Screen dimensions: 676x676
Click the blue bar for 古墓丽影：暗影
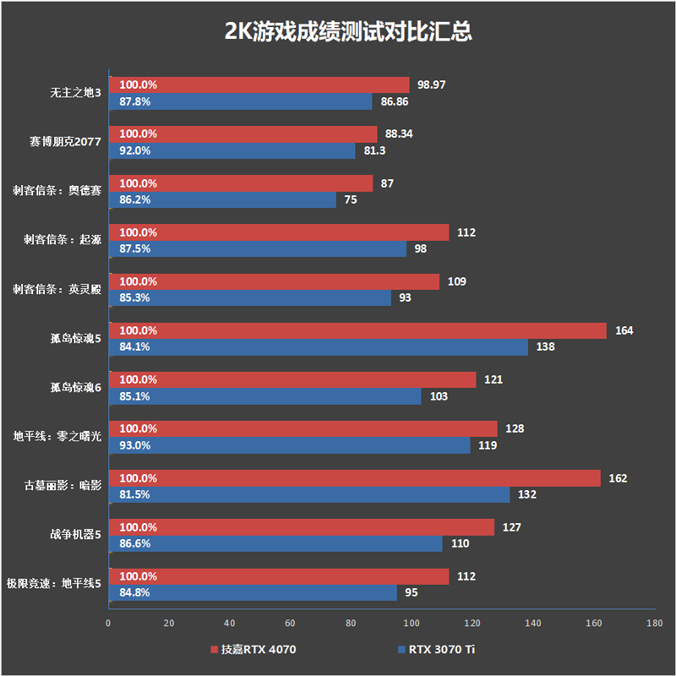[x=308, y=494]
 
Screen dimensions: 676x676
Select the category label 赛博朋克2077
[x=66, y=142]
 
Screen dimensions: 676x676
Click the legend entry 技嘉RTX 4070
[x=253, y=650]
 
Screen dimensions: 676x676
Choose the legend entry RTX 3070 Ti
[x=440, y=650]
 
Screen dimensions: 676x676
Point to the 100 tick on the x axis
[x=411, y=624]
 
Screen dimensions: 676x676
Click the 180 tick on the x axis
[x=653, y=624]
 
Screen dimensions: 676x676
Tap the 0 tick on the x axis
[x=108, y=624]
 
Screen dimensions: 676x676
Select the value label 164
[x=624, y=330]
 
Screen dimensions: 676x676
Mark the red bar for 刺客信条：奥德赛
[x=240, y=183]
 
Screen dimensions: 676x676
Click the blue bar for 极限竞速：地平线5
[x=253, y=592]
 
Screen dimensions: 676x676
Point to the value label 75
[x=349, y=200]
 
